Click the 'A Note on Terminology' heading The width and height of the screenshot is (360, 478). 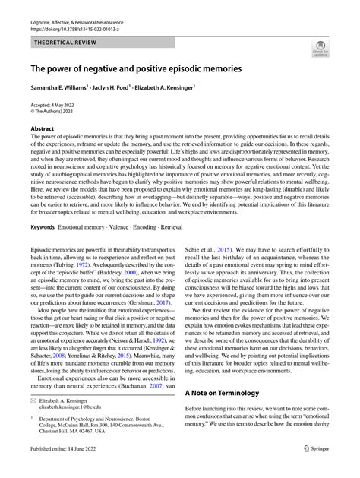[227, 394]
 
